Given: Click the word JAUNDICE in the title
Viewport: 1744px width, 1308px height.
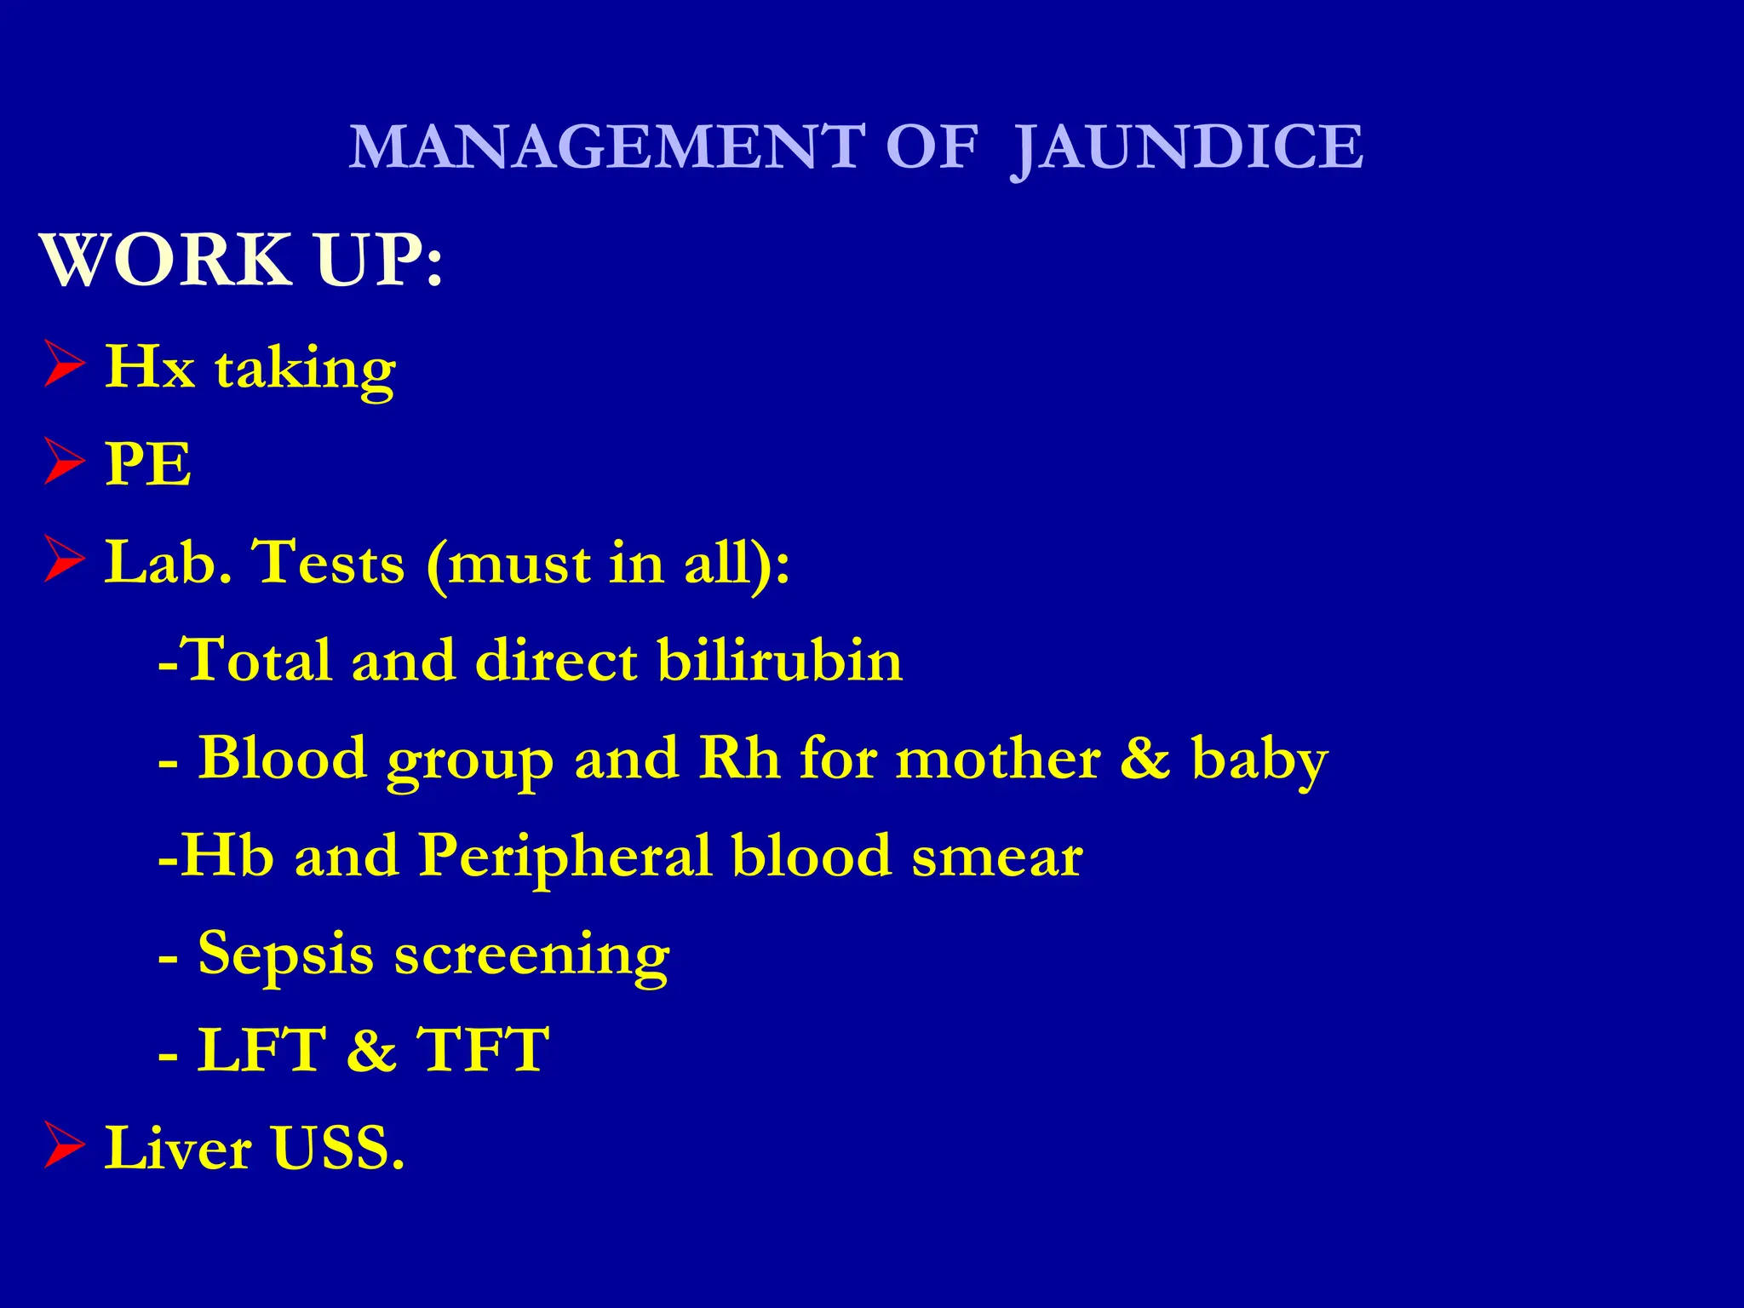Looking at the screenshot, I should tap(1187, 148).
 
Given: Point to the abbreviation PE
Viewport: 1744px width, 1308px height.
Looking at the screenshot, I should tap(148, 464).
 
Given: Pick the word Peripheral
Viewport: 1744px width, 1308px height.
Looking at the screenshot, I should tap(565, 856).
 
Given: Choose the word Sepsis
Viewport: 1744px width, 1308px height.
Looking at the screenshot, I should tap(285, 954).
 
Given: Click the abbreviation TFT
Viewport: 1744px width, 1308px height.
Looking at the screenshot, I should tap(482, 1049).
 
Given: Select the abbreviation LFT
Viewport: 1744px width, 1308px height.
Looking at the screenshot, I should tap(261, 1049).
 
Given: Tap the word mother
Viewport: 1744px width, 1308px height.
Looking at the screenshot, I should tap(998, 758).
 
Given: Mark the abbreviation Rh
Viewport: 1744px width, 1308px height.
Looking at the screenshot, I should tap(738, 758).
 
